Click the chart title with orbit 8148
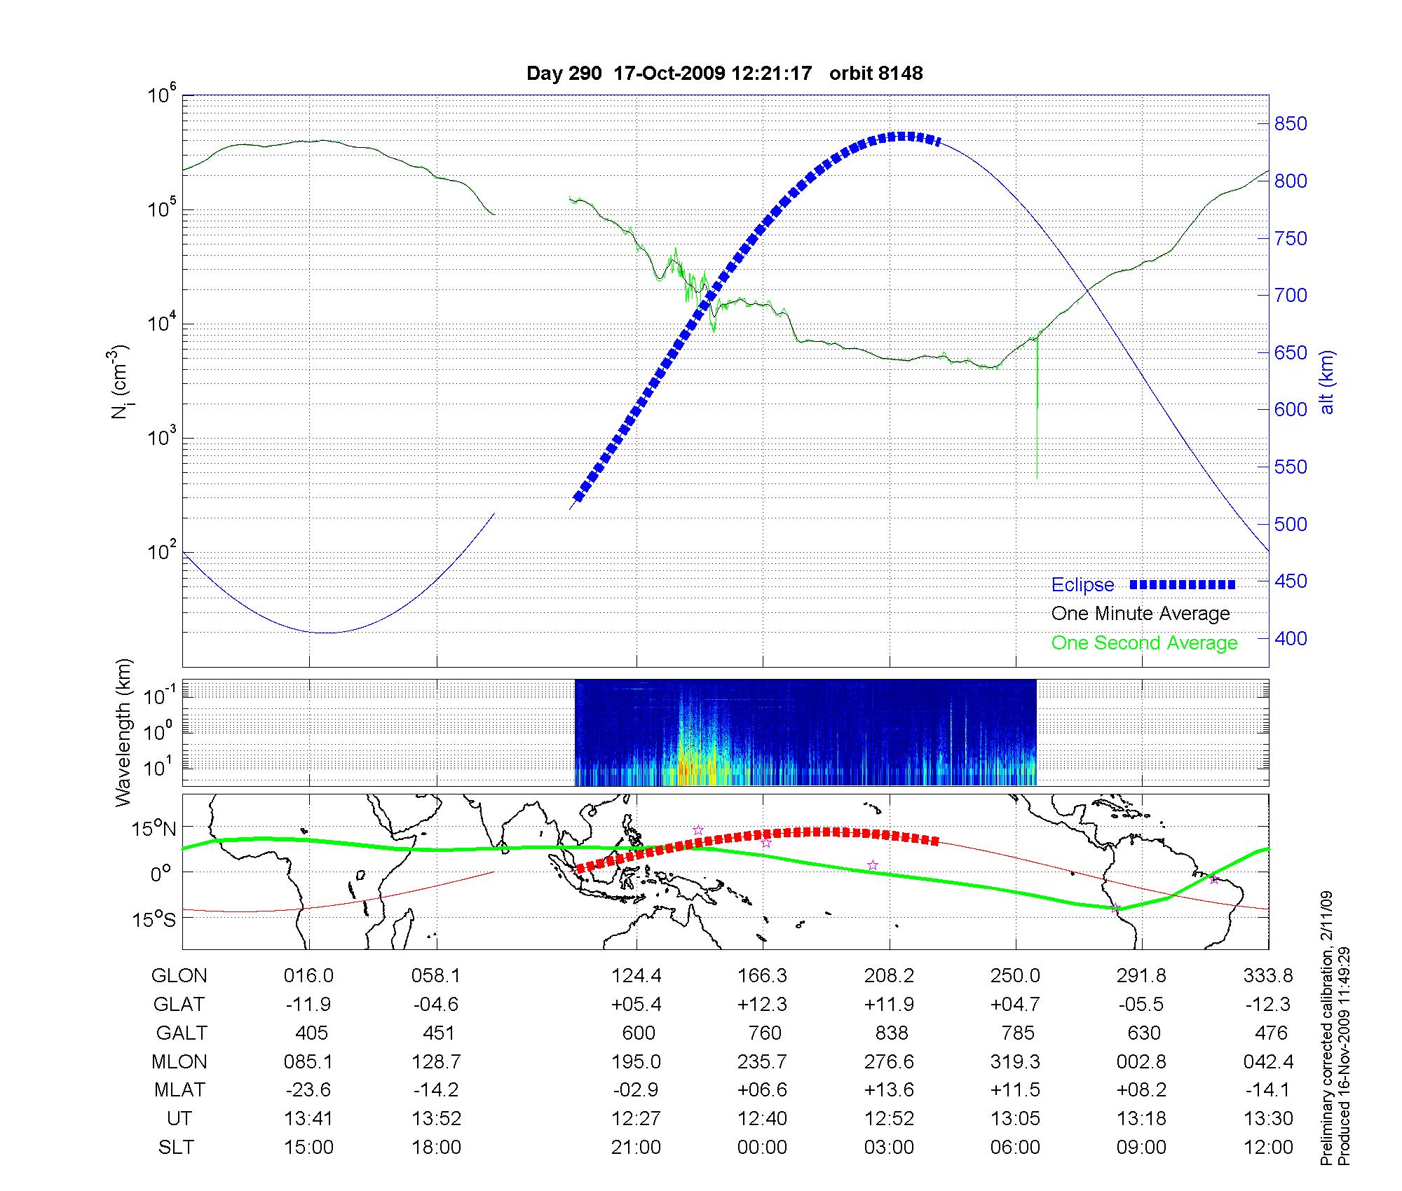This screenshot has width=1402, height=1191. click(724, 73)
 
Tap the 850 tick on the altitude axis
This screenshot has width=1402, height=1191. click(1291, 124)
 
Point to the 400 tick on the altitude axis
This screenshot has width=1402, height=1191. click(1291, 638)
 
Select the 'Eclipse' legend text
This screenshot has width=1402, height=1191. click(1082, 585)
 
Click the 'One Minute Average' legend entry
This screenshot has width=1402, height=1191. click(1141, 614)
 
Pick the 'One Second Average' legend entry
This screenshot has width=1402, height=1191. click(1144, 643)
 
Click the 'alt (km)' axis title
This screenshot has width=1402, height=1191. click(1327, 382)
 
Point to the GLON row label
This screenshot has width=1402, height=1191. click(179, 976)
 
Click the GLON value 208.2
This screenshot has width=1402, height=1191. click(889, 976)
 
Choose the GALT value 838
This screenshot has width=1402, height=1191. click(891, 1033)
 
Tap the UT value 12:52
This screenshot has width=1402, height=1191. click(889, 1118)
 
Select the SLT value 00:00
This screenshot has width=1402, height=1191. click(762, 1147)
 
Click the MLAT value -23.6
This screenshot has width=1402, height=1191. click(308, 1090)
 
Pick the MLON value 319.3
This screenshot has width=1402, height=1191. click(1015, 1061)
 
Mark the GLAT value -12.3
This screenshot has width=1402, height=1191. click(1268, 1005)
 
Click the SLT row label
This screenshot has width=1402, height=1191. click(176, 1147)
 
